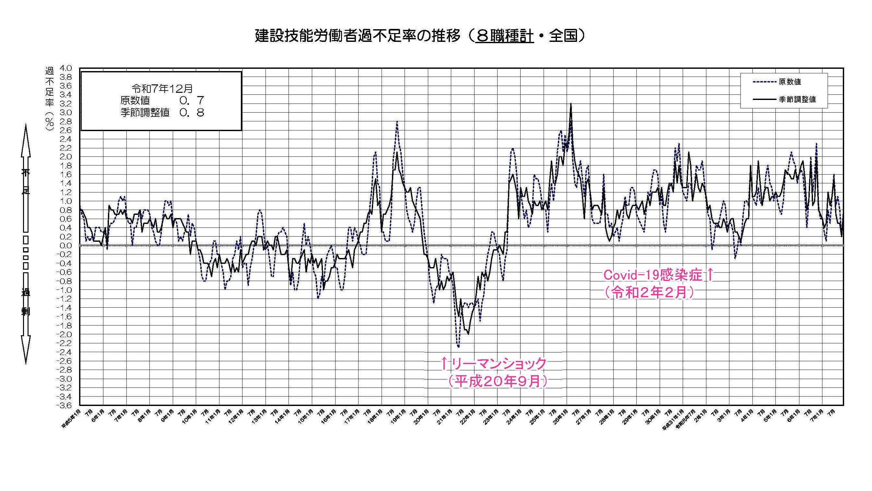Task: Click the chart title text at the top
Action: [x=420, y=36]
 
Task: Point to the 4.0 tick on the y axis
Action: [x=66, y=68]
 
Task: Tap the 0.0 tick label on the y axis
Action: [x=66, y=246]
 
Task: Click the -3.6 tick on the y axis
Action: [x=64, y=405]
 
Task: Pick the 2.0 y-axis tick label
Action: [x=66, y=157]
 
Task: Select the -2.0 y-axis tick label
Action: [x=64, y=335]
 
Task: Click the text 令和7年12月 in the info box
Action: [x=162, y=89]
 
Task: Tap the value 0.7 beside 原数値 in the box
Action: [x=192, y=100]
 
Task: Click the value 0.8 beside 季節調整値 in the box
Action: [x=192, y=113]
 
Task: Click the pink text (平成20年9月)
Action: [x=497, y=382]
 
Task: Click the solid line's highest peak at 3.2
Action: [x=571, y=104]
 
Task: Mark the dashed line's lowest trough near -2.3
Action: [x=458, y=347]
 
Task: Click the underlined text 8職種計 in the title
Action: [x=504, y=36]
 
